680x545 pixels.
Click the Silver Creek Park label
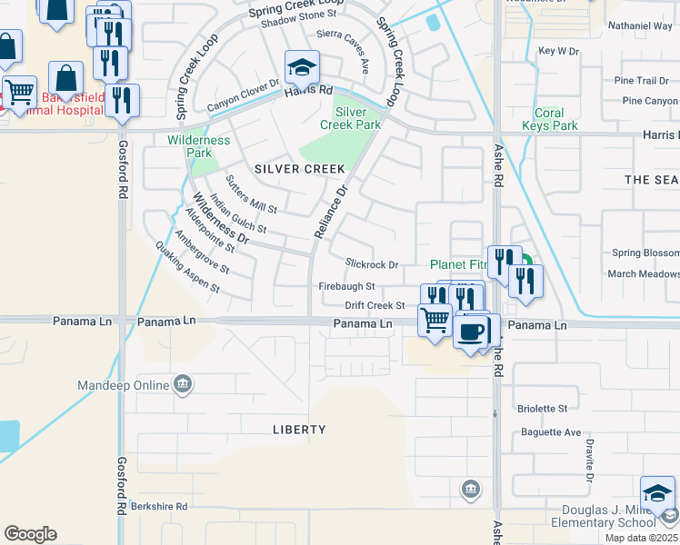[357, 118]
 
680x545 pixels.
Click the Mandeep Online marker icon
[183, 384]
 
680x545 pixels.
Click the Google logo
[30, 534]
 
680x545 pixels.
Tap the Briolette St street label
[542, 409]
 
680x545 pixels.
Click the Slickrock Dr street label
[372, 264]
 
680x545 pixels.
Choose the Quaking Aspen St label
[187, 267]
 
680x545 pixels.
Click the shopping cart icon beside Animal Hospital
[19, 91]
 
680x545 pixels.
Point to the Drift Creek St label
[375, 306]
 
